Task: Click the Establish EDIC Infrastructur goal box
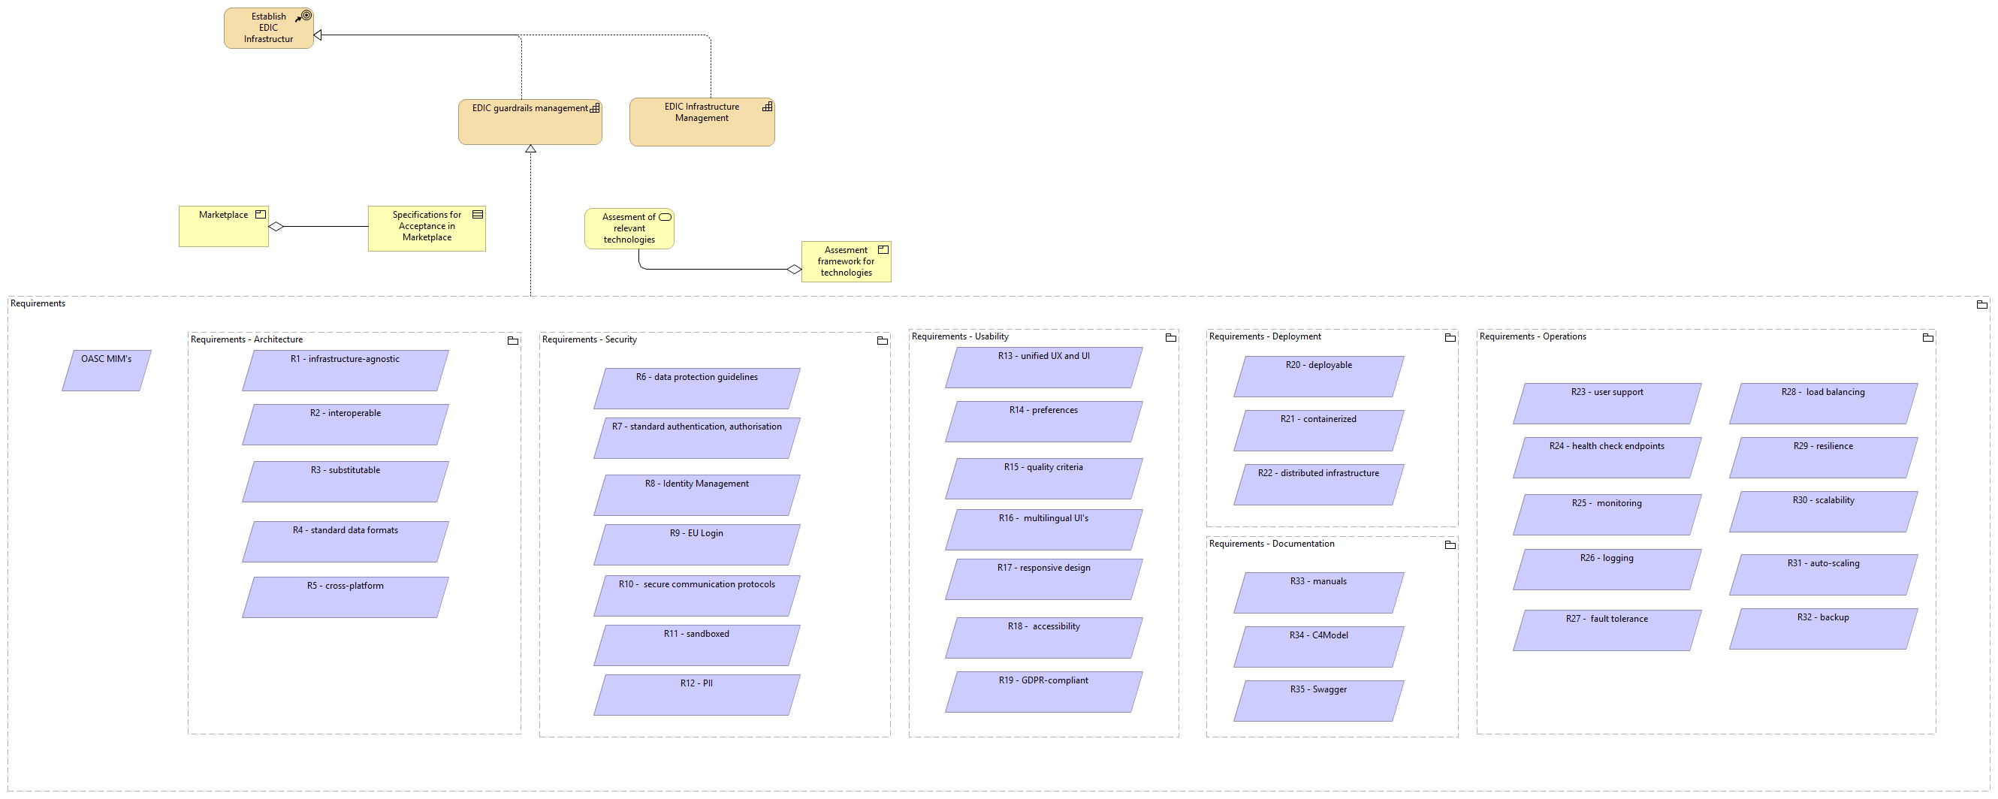click(268, 28)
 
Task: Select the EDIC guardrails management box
click(530, 122)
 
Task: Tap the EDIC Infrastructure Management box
click(701, 122)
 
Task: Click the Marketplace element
click(223, 227)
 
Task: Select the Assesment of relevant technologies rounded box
click(628, 228)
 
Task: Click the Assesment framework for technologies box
click(846, 261)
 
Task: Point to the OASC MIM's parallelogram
click(106, 370)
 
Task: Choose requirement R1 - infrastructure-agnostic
click(346, 370)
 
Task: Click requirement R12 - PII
click(696, 695)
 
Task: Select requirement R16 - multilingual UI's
click(1043, 529)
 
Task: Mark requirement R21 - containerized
click(1318, 430)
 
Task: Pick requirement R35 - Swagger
click(1318, 701)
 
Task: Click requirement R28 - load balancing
click(1823, 403)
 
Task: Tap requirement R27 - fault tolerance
click(1607, 629)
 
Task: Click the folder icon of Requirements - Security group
click(882, 340)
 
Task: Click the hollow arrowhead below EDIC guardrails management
click(530, 149)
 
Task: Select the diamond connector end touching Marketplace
click(276, 227)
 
